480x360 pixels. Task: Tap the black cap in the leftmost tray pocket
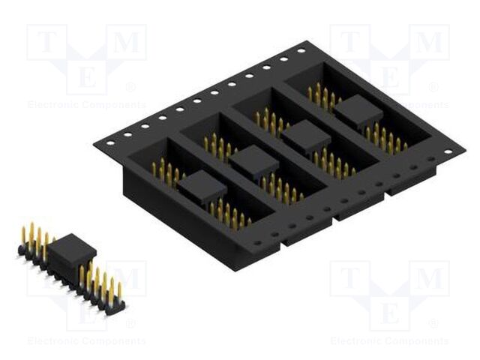coord(201,184)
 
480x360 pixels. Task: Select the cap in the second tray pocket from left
coord(253,161)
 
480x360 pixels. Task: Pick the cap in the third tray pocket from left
coord(305,137)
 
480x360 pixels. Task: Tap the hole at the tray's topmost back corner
coord(301,51)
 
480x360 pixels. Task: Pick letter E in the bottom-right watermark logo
coord(389,311)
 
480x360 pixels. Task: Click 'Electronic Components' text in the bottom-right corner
coord(389,341)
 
